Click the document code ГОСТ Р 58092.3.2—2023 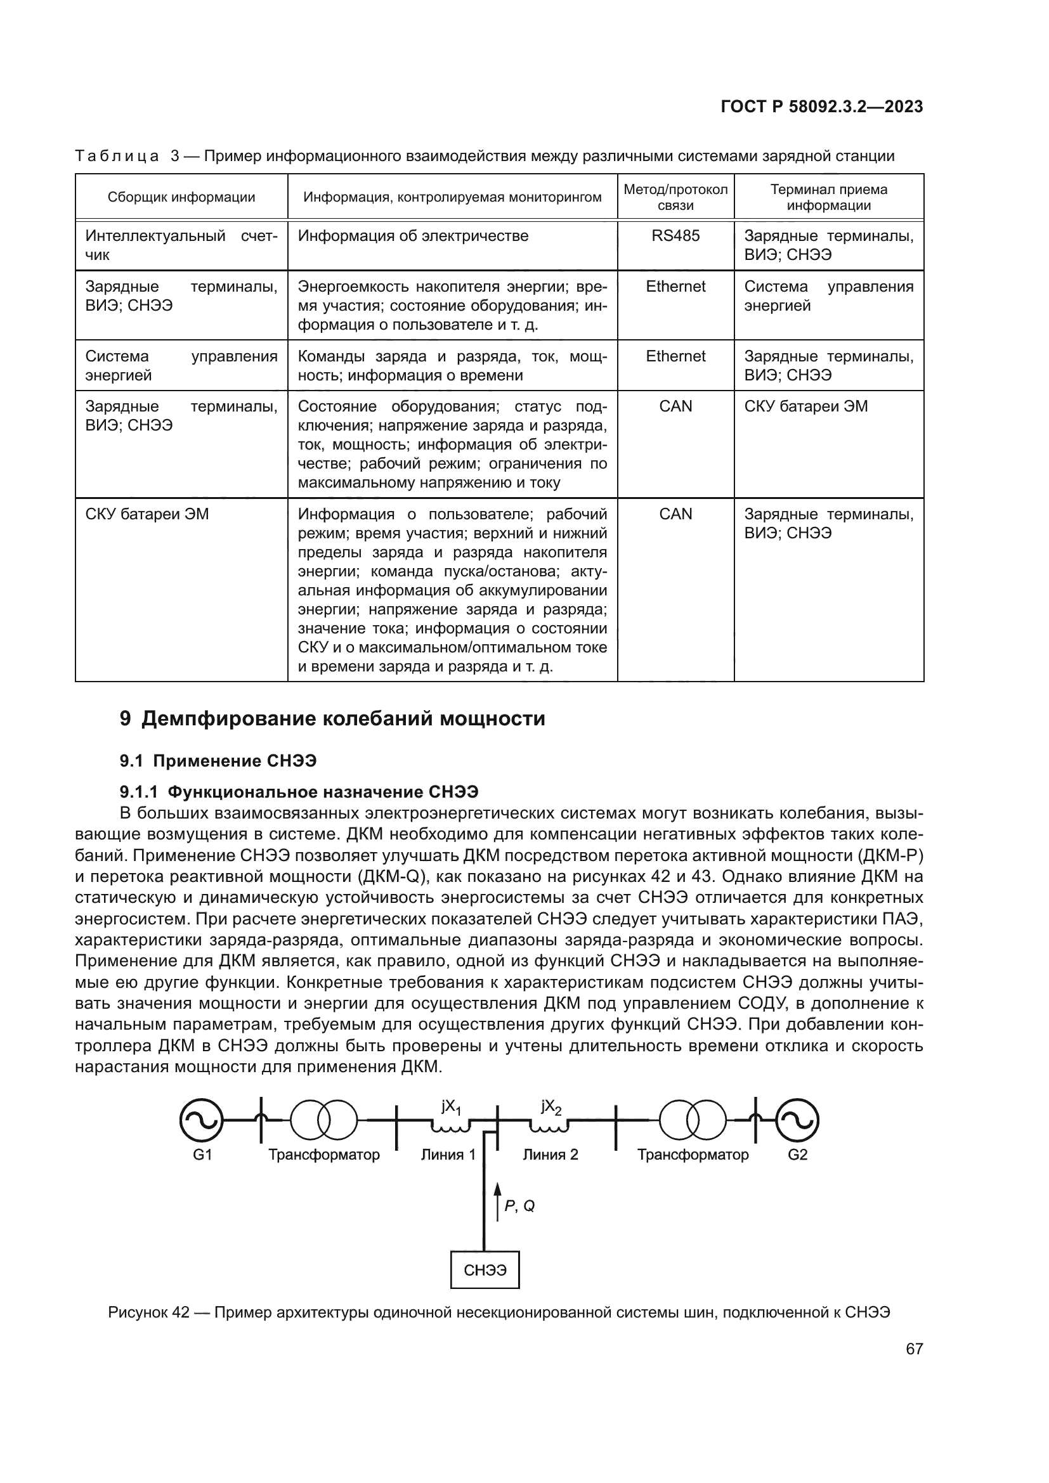tap(821, 107)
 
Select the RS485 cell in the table tap(675, 236)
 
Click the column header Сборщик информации tap(181, 197)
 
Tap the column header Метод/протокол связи tap(675, 197)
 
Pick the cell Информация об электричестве tap(413, 236)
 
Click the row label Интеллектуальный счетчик tap(181, 245)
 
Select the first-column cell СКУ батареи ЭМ tap(147, 514)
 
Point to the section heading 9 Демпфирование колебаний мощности tap(333, 719)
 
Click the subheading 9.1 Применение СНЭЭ tap(218, 761)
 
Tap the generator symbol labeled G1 tap(201, 1120)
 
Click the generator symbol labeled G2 tap(797, 1120)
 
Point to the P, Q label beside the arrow tap(519, 1206)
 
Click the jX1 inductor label tap(451, 1107)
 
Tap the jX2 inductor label tap(551, 1107)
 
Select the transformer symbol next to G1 tap(323, 1120)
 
